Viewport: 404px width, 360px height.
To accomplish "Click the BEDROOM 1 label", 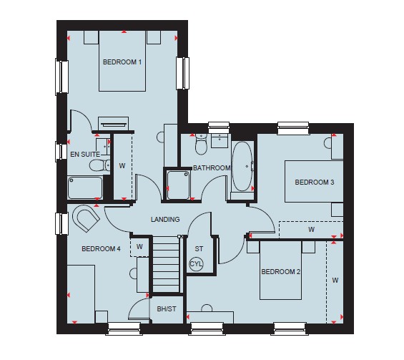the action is click(122, 62).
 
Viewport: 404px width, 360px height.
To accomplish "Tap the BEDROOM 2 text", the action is click(280, 271).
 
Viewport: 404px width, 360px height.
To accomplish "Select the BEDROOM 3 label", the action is click(315, 182).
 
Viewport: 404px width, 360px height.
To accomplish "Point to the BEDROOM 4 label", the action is click(101, 248).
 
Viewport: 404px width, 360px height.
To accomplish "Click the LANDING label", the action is click(165, 219).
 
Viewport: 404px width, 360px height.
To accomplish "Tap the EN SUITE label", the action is click(85, 154).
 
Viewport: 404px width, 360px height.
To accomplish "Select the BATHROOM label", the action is click(212, 168).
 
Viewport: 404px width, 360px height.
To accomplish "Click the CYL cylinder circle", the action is click(197, 264).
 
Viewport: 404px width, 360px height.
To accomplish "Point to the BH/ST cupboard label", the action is click(167, 308).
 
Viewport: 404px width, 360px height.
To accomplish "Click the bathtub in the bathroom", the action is click(242, 166).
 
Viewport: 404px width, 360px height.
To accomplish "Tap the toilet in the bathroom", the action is click(201, 144).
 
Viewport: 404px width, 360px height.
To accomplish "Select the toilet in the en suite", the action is click(100, 165).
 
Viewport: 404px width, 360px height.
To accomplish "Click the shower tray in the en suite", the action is click(85, 188).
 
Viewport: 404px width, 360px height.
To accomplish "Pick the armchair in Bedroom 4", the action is click(86, 218).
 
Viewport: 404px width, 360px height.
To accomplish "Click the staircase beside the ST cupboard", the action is click(166, 264).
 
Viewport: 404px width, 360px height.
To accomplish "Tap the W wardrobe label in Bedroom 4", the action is click(139, 246).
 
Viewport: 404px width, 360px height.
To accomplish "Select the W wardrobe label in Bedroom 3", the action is click(311, 229).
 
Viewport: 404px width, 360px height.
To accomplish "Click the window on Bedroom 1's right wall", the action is click(182, 73).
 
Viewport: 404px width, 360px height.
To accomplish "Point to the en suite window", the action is click(61, 152).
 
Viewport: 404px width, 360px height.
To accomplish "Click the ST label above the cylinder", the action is click(199, 248).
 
